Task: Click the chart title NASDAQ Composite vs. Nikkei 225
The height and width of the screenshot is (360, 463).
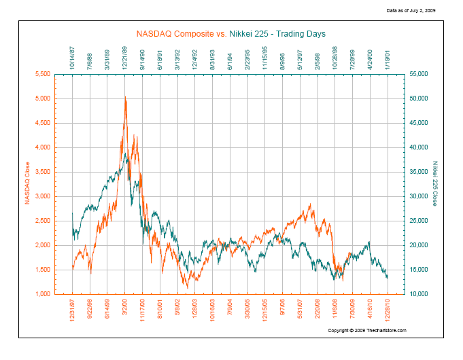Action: (230, 33)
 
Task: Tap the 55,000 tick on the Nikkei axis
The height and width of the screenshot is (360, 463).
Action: (418, 74)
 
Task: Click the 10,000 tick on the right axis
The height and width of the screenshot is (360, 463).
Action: (418, 294)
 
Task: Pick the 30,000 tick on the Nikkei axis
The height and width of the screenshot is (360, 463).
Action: (418, 196)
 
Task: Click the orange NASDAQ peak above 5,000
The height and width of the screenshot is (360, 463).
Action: (125, 98)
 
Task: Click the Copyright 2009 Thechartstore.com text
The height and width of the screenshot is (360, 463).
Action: (367, 330)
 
